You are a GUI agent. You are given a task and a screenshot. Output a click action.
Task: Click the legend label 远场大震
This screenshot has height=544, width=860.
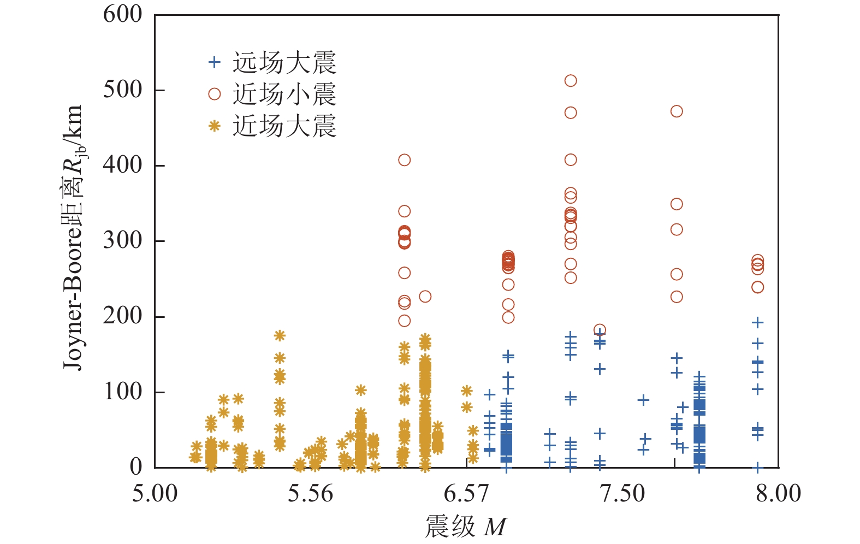(284, 63)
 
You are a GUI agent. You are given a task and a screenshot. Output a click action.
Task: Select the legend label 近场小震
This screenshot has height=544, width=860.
(284, 94)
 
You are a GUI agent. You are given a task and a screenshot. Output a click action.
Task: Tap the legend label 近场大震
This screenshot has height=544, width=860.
(284, 126)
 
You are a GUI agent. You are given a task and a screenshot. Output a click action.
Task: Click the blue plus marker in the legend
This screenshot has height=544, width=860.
(215, 62)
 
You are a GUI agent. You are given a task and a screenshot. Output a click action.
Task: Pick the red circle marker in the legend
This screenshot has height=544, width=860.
(215, 94)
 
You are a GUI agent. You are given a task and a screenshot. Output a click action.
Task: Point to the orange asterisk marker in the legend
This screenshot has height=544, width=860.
(215, 126)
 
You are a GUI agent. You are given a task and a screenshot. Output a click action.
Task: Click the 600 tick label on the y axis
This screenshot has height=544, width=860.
(122, 14)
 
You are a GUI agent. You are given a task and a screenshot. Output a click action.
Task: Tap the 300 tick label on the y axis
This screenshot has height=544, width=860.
(122, 240)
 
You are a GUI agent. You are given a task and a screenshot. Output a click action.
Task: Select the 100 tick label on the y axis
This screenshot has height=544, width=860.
(122, 392)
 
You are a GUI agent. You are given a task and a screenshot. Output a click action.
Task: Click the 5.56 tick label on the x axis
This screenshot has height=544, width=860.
(310, 494)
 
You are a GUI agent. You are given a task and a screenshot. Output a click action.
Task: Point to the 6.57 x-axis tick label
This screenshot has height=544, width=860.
(466, 494)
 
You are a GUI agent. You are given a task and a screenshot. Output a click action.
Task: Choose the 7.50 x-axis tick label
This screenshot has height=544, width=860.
(622, 494)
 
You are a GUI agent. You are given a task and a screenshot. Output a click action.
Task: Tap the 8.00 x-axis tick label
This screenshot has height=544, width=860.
(778, 494)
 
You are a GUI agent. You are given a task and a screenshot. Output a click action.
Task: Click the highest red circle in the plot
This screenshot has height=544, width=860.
(571, 81)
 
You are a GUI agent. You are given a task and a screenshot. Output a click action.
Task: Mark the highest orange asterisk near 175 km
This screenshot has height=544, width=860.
(280, 335)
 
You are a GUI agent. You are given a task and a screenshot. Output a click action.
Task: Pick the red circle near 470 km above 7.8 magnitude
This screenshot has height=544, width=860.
(677, 111)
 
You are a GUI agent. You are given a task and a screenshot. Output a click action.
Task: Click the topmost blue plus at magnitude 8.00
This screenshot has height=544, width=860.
(757, 322)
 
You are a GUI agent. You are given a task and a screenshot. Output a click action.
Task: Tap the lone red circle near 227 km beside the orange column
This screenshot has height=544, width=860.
(425, 297)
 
